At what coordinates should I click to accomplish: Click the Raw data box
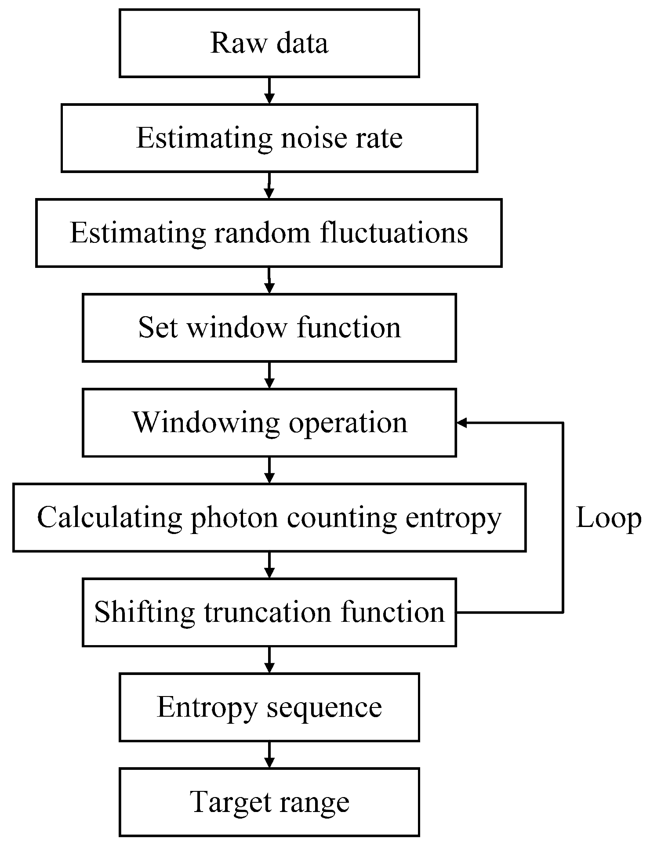pos(269,43)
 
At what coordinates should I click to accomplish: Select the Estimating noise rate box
pos(269,138)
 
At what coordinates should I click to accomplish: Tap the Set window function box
pos(269,328)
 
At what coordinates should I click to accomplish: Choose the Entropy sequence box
pos(269,707)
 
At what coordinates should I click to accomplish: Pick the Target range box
pos(269,802)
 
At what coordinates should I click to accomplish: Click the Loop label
pos(608,518)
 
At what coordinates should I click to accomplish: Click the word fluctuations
pos(394,233)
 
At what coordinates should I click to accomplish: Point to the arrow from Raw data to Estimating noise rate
pos(269,90)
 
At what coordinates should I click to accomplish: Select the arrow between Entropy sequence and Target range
pos(269,754)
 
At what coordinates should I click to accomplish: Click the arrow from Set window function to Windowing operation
pos(269,375)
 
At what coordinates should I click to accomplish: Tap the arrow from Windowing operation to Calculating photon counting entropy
pos(269,470)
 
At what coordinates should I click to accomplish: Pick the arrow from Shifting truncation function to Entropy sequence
pos(269,660)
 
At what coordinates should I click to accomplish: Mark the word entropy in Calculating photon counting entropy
pos(453,518)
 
